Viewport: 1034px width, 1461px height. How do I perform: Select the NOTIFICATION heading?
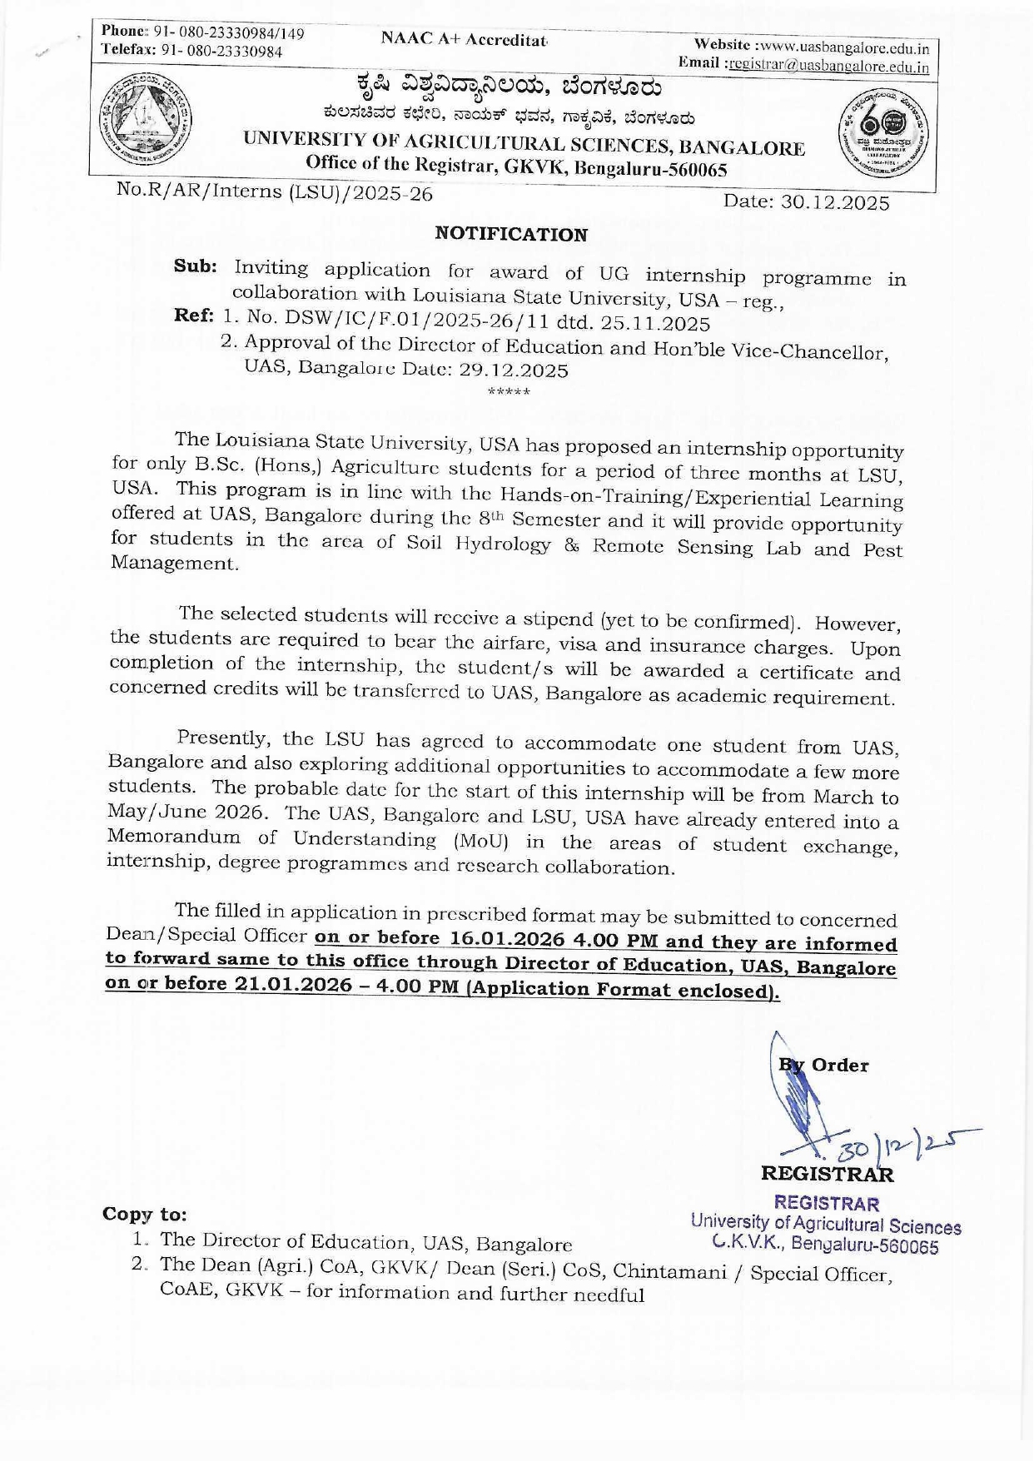(511, 234)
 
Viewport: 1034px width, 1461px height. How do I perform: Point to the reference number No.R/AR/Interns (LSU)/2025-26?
(275, 191)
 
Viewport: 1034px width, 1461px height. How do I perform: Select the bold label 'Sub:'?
(196, 266)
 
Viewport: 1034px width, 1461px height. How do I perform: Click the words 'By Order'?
(824, 1065)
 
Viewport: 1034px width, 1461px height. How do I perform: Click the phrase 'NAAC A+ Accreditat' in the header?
(463, 39)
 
